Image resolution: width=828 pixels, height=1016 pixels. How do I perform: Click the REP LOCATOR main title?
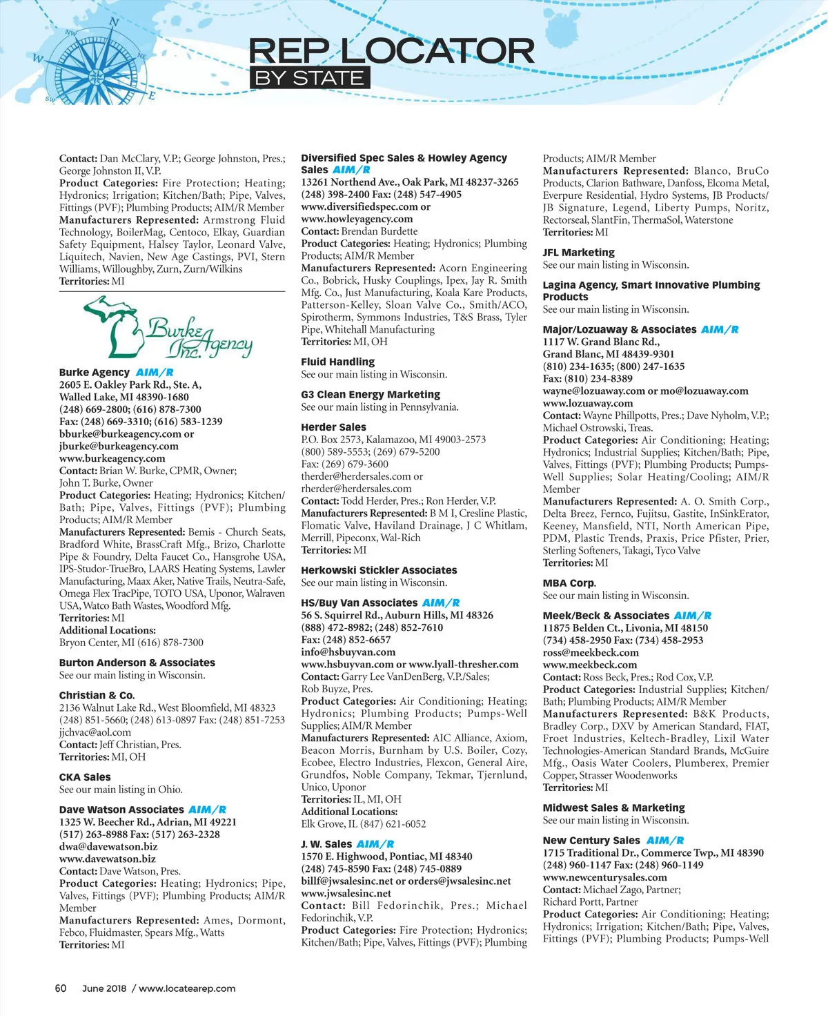[391, 50]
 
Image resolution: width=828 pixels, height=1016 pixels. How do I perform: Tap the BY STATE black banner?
[309, 78]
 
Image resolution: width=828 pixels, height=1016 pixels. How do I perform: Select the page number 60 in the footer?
[61, 988]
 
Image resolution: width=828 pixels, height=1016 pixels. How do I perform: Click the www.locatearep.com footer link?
[187, 988]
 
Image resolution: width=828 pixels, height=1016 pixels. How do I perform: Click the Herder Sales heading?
[333, 427]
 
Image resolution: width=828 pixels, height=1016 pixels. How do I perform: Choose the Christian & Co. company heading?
[97, 695]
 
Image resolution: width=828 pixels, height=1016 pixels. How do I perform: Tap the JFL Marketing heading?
[578, 253]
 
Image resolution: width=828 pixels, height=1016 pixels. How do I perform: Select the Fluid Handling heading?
[337, 362]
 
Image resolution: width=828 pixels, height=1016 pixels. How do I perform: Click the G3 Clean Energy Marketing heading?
[370, 395]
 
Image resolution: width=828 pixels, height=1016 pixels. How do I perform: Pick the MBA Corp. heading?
[569, 583]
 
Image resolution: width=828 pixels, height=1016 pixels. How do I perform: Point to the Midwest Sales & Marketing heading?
[613, 808]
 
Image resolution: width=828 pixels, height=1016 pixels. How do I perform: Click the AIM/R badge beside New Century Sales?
[665, 841]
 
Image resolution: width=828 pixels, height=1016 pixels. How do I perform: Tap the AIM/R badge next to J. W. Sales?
[375, 844]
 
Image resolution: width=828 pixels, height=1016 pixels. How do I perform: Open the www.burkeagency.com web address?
[112, 458]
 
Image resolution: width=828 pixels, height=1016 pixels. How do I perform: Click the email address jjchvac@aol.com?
[95, 732]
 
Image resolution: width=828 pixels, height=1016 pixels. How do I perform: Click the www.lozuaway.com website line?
[587, 403]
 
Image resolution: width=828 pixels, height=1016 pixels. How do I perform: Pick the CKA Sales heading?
[85, 777]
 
